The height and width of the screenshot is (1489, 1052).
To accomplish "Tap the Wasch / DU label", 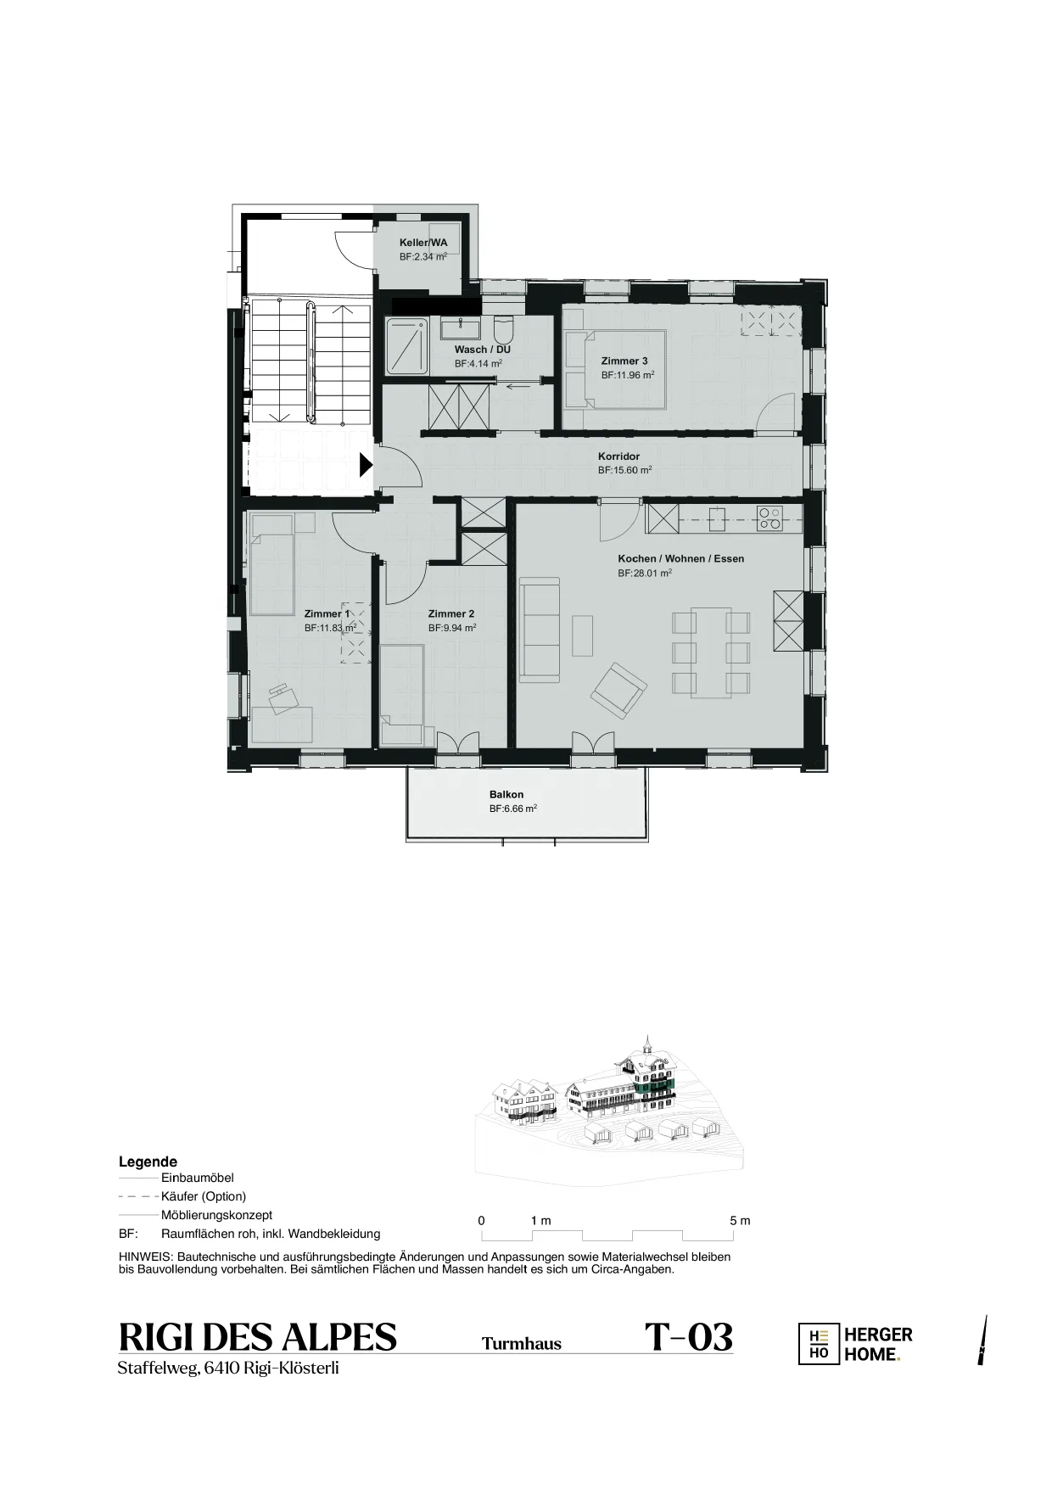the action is tap(482, 350).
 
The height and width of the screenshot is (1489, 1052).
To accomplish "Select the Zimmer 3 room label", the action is tap(624, 361).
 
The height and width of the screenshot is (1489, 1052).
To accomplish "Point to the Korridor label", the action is tap(618, 456).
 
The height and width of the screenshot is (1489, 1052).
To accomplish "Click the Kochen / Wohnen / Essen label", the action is tap(680, 559).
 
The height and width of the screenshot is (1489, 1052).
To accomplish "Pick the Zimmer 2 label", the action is tap(450, 614).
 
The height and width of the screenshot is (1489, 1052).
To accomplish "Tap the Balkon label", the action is tap(506, 795).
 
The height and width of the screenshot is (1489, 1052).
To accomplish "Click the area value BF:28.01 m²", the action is tap(645, 574).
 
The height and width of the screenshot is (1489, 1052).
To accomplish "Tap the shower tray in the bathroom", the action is tap(407, 346).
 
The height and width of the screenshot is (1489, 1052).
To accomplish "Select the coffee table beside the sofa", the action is tap(583, 635).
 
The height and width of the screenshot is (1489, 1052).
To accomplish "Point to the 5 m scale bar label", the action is tap(740, 1221).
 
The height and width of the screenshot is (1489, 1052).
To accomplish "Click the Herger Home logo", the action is tap(856, 1345).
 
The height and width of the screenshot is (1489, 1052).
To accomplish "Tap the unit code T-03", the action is tap(688, 1338).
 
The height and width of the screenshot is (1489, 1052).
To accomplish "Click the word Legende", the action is tap(148, 1162).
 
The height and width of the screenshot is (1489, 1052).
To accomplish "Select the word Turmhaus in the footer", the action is tap(522, 1344).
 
